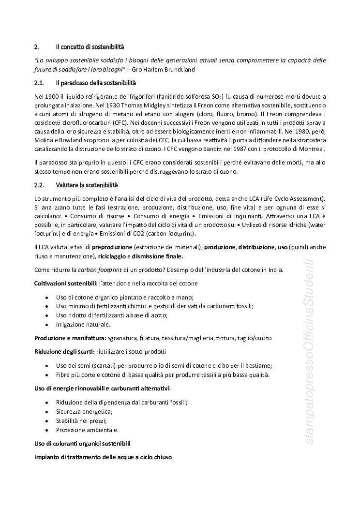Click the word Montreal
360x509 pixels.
coord(313,148)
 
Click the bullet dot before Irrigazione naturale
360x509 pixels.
coord(46,324)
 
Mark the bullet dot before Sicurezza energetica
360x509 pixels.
coord(46,411)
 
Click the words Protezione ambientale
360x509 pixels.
coord(87,430)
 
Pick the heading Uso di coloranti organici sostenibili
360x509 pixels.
coord(82,443)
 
